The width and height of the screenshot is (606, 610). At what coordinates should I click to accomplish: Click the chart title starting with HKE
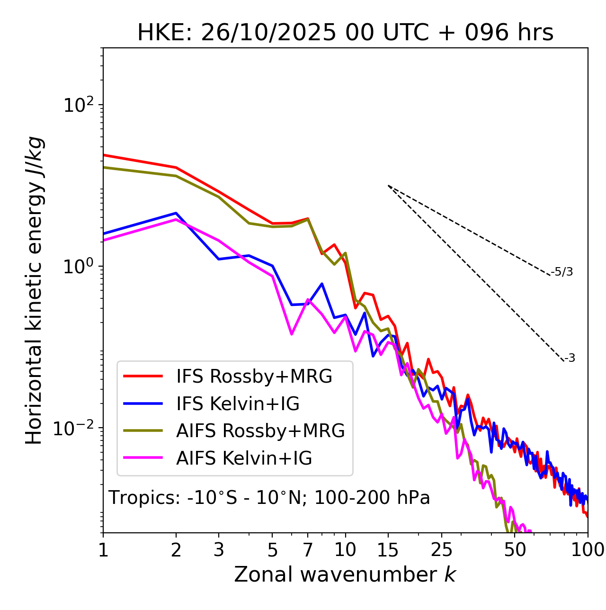[345, 33]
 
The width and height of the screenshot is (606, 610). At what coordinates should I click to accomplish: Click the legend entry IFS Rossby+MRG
[254, 377]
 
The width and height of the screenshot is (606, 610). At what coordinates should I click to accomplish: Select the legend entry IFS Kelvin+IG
[238, 404]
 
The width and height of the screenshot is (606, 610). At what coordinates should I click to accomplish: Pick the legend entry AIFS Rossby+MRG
[260, 431]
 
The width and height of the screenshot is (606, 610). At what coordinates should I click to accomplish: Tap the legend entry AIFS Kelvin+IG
[244, 458]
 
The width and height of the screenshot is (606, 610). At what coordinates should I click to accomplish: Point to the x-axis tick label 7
[308, 550]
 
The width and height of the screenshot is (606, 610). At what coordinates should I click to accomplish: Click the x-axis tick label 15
[388, 550]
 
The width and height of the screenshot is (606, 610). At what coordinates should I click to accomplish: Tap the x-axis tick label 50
[515, 550]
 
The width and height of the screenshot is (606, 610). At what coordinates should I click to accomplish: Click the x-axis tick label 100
[588, 550]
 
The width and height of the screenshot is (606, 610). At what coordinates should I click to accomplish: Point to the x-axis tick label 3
[219, 550]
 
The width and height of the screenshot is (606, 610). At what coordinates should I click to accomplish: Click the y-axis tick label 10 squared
[79, 105]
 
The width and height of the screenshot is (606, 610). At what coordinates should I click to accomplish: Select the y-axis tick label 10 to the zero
[79, 266]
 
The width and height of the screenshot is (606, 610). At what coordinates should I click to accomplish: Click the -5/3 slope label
[562, 272]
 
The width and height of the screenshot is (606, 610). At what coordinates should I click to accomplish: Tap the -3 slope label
[570, 359]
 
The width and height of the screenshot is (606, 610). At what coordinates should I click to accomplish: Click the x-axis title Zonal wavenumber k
[345, 575]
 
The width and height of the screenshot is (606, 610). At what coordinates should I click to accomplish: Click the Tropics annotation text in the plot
[269, 498]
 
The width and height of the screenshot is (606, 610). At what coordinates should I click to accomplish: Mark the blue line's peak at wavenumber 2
[176, 213]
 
